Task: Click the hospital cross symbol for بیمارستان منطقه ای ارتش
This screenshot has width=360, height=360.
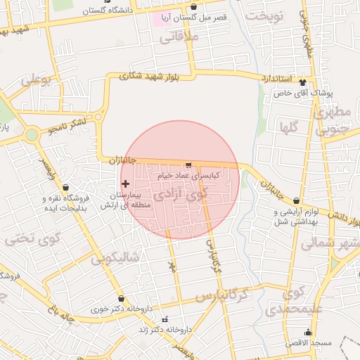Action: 125,184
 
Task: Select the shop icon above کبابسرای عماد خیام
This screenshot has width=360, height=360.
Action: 188,165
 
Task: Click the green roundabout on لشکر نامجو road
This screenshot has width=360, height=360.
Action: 32,134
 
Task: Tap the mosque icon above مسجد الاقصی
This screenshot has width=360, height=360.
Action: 307,333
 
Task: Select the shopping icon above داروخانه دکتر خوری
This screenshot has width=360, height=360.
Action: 122,299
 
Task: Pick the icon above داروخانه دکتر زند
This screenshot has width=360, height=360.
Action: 166,320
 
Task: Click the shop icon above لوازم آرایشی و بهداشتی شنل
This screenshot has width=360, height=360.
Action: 296,202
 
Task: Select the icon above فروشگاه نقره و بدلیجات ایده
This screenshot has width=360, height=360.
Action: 66,188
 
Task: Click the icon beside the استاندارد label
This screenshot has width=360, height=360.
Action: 304,79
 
